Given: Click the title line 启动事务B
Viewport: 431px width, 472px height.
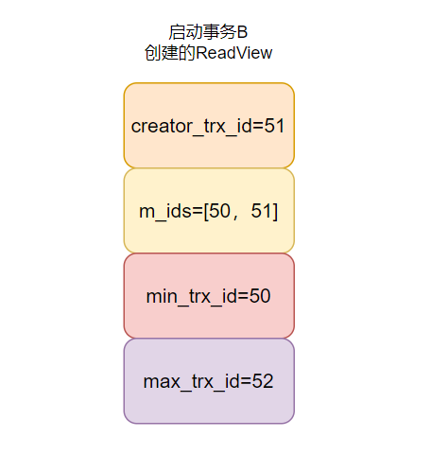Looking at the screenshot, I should coord(208,33).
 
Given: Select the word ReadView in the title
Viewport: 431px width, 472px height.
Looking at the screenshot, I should coord(233,53).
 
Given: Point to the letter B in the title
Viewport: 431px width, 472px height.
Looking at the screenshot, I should coord(241,33).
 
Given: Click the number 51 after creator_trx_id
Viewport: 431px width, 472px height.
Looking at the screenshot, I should coord(276,127).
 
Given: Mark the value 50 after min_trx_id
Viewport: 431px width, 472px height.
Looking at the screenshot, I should coord(260,296).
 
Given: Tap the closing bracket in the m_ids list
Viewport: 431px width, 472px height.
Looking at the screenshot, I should coord(275,212).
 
